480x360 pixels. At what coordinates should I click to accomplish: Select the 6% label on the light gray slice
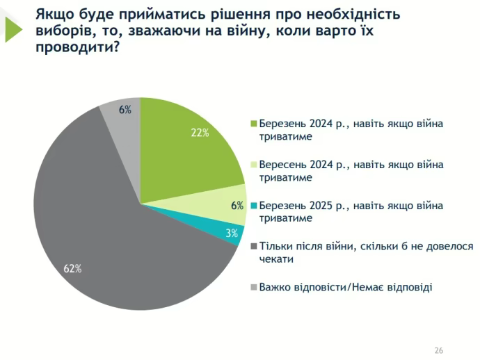(125, 109)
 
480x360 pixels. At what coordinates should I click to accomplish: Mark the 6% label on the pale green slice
(237, 206)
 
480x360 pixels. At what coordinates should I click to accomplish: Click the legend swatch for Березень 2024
(254, 124)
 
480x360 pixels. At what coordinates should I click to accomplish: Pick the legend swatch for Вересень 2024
(254, 165)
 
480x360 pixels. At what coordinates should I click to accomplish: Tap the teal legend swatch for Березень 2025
(254, 206)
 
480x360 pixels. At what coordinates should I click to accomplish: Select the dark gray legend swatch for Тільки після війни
(254, 247)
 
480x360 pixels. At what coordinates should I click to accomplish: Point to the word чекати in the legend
(276, 259)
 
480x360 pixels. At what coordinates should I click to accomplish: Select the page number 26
(438, 350)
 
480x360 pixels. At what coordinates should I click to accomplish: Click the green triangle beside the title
(16, 28)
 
